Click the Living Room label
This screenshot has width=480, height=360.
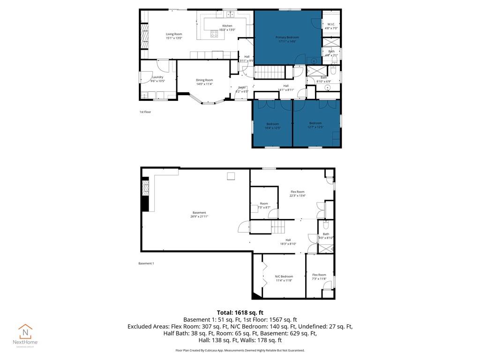pos(174,36)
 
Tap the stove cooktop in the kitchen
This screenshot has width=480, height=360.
pos(214,33)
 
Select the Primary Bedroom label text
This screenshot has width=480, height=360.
pos(287,39)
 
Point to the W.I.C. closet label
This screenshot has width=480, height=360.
pos(331,26)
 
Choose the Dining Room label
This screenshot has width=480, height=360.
pos(204,82)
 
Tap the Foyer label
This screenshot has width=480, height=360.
pos(242,89)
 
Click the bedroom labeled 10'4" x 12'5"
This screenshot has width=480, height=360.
pos(272,126)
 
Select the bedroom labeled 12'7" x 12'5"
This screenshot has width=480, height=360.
pos(315,125)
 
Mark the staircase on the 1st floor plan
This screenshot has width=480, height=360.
pos(269,73)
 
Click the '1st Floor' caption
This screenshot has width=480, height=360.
pos(145,112)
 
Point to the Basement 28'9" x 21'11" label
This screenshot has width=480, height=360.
pos(199,215)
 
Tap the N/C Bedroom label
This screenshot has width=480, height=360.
pos(284,278)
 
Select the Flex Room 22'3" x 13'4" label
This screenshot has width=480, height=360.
pos(298,194)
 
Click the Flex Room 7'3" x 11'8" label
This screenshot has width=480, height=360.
pos(319,277)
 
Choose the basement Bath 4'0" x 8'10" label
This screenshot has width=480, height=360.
pos(326,236)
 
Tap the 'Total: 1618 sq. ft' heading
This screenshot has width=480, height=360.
pos(240,312)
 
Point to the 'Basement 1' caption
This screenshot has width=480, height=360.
pos(146,263)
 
